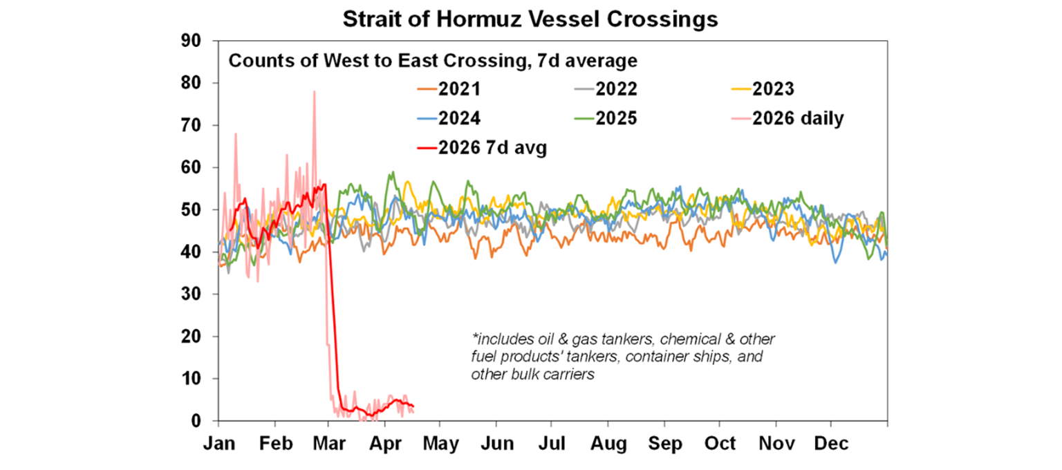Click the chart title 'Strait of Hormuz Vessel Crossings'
click(530, 19)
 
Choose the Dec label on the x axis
click(830, 443)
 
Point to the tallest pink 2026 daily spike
click(314, 92)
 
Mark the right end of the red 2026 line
click(413, 406)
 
